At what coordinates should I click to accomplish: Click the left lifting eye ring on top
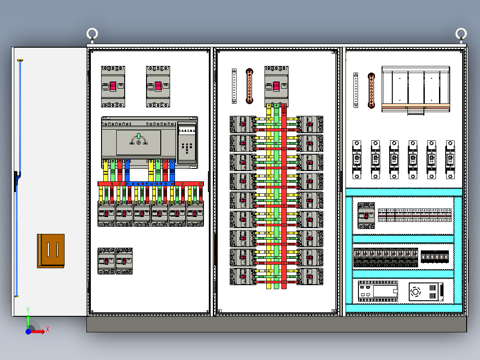(x=92, y=34)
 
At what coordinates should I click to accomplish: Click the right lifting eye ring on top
(x=461, y=34)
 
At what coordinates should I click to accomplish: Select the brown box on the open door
(x=51, y=251)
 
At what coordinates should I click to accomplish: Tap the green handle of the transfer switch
(x=138, y=136)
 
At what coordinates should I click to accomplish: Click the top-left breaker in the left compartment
(x=113, y=86)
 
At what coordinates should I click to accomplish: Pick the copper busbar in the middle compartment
(x=250, y=86)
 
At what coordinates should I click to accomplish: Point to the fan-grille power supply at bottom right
(x=426, y=292)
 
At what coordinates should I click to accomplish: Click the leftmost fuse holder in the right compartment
(x=357, y=160)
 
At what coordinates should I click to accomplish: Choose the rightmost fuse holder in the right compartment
(x=450, y=160)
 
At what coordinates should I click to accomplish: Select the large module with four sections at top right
(x=416, y=88)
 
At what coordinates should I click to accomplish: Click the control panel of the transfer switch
(x=187, y=143)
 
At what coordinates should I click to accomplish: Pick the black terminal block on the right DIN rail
(x=435, y=257)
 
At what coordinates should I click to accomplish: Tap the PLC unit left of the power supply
(x=378, y=292)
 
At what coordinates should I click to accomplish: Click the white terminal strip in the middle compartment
(x=234, y=86)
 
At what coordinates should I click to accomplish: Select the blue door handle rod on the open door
(x=19, y=178)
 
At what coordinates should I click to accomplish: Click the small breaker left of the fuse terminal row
(x=366, y=215)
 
